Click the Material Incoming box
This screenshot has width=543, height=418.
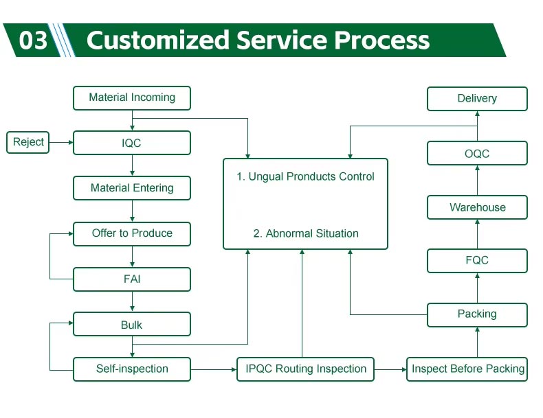pyautogui.click(x=132, y=97)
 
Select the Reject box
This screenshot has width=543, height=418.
pyautogui.click(x=28, y=142)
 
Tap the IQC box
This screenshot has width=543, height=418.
pyautogui.click(x=132, y=143)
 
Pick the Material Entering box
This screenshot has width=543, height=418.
pyautogui.click(x=132, y=188)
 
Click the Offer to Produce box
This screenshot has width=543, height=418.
pyautogui.click(x=132, y=233)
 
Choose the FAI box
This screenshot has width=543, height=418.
pyautogui.click(x=132, y=279)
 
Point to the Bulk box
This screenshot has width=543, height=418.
pyautogui.click(x=132, y=325)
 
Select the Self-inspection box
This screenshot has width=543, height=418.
pyautogui.click(x=132, y=369)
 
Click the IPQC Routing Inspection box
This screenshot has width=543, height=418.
pyautogui.click(x=306, y=369)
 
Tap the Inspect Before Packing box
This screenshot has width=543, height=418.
pyautogui.click(x=467, y=369)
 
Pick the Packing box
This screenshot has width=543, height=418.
pyautogui.click(x=477, y=314)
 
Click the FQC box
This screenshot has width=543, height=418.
pyautogui.click(x=477, y=261)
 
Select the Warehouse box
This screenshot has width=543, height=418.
pyautogui.click(x=477, y=207)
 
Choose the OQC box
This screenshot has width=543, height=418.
pyautogui.click(x=477, y=154)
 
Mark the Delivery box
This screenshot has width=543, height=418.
pyautogui.click(x=477, y=98)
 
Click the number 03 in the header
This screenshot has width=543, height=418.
pyautogui.click(x=33, y=40)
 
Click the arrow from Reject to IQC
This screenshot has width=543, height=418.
pyautogui.click(x=62, y=142)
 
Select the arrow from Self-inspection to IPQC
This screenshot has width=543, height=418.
pyautogui.click(x=213, y=369)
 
